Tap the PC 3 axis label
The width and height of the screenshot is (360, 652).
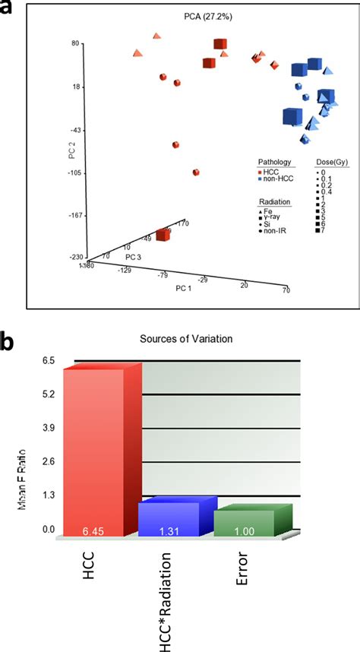click(x=135, y=257)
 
